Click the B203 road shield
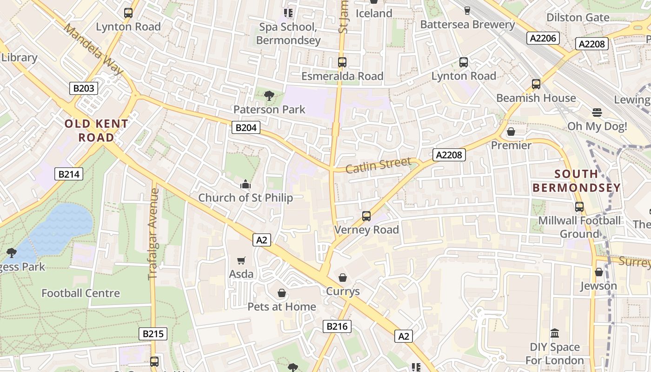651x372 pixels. [x=84, y=88]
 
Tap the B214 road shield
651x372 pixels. [x=69, y=174]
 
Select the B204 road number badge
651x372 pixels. [x=246, y=127]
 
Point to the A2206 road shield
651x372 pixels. [x=543, y=38]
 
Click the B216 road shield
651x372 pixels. [x=337, y=326]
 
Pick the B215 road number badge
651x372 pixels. [x=153, y=333]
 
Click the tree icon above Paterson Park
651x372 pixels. [x=269, y=96]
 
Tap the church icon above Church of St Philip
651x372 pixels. [x=245, y=185]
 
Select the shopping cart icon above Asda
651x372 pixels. [x=241, y=260]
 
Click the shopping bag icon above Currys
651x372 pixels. [x=343, y=278]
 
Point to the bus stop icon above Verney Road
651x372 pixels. [x=366, y=216]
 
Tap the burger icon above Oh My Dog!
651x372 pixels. [x=597, y=112]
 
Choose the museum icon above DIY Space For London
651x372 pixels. [x=554, y=333]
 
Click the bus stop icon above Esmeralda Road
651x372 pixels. [x=342, y=62]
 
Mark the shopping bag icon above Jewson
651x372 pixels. [x=598, y=272]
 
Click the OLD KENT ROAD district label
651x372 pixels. [x=96, y=131]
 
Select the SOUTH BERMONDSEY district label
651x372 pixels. [x=576, y=181]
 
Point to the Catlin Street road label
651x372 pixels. [x=379, y=165]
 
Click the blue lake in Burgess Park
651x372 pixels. [x=60, y=228]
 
